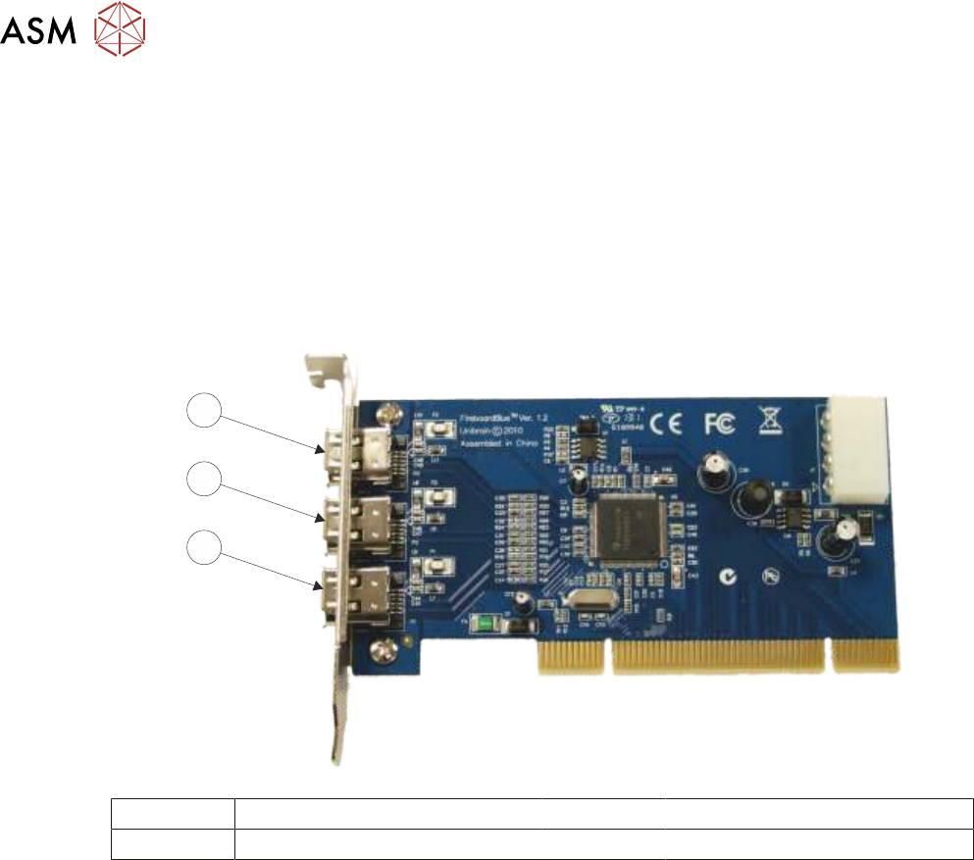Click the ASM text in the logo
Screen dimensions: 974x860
coord(37,34)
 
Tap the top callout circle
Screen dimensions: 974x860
coord(202,412)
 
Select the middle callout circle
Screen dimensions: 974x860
coord(202,480)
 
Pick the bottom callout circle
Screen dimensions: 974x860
coord(202,547)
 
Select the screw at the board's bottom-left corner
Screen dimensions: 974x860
coord(380,646)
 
